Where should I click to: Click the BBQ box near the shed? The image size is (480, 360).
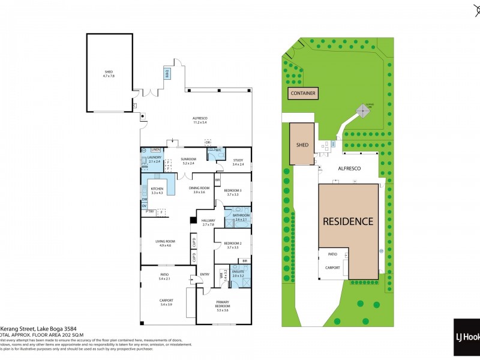tap(167, 73)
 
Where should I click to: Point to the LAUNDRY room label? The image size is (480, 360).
tap(154, 160)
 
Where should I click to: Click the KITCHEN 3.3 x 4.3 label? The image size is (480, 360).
tap(157, 191)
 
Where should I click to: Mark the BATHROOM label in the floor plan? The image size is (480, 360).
tap(242, 218)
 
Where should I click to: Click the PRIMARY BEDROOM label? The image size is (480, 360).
tap(223, 304)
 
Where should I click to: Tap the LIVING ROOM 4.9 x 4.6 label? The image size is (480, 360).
tap(165, 244)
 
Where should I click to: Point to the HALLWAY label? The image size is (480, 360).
tap(208, 223)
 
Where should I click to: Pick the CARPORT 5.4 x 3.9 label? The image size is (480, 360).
tap(166, 303)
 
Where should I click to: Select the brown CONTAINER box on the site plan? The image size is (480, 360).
tap(303, 94)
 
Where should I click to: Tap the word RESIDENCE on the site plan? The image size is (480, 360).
tap(348, 221)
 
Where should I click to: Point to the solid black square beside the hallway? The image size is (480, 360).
tap(193, 221)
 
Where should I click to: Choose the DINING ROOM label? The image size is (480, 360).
tap(199, 190)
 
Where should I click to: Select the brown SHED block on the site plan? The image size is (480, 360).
tap(302, 144)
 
